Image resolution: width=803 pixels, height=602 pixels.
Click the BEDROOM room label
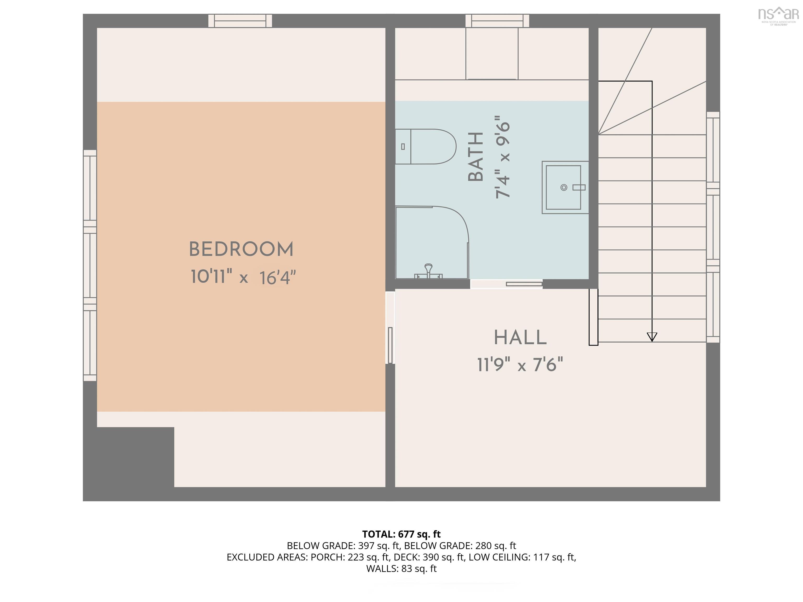[241, 250]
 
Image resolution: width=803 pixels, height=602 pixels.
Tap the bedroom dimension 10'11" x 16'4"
[243, 277]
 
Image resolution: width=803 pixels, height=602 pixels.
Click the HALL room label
[520, 338]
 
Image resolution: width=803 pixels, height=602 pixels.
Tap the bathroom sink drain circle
[564, 187]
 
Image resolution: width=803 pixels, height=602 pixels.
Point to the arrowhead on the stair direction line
[652, 337]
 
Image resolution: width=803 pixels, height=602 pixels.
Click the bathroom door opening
[506, 284]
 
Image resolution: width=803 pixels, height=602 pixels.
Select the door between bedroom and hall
[390, 328]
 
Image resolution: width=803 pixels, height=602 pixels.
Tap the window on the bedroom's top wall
[240, 21]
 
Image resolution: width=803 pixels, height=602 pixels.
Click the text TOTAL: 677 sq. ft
[401, 534]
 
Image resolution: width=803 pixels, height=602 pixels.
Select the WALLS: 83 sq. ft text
[401, 569]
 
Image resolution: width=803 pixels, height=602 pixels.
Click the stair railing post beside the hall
[593, 317]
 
